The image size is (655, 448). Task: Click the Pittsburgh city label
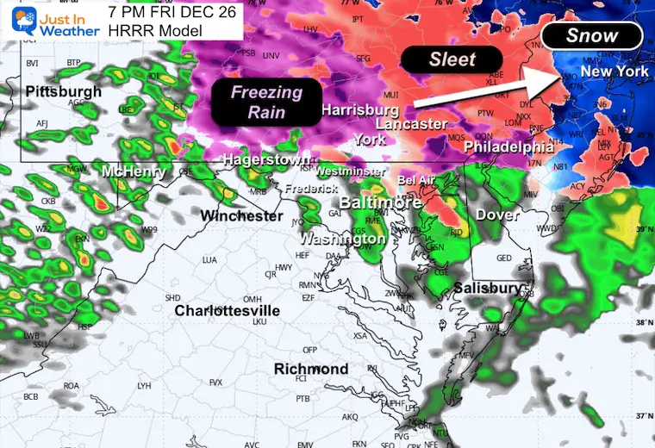click(x=63, y=91)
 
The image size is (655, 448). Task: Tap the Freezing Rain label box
click(x=265, y=102)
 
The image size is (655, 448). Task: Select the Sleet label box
click(x=452, y=59)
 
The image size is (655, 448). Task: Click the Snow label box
click(x=592, y=36)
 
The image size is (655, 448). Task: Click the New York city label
click(x=614, y=72)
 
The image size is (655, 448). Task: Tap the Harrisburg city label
click(x=359, y=110)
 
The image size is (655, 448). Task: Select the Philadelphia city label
click(x=508, y=147)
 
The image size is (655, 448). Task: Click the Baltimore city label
click(x=380, y=202)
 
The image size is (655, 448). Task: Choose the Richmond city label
click(x=311, y=369)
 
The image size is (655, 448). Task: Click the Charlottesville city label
click(x=227, y=310)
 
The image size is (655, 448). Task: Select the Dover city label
click(x=497, y=214)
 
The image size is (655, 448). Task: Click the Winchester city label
click(x=242, y=215)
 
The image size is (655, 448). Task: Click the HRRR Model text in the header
click(x=155, y=31)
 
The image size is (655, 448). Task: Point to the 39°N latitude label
click(x=639, y=230)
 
